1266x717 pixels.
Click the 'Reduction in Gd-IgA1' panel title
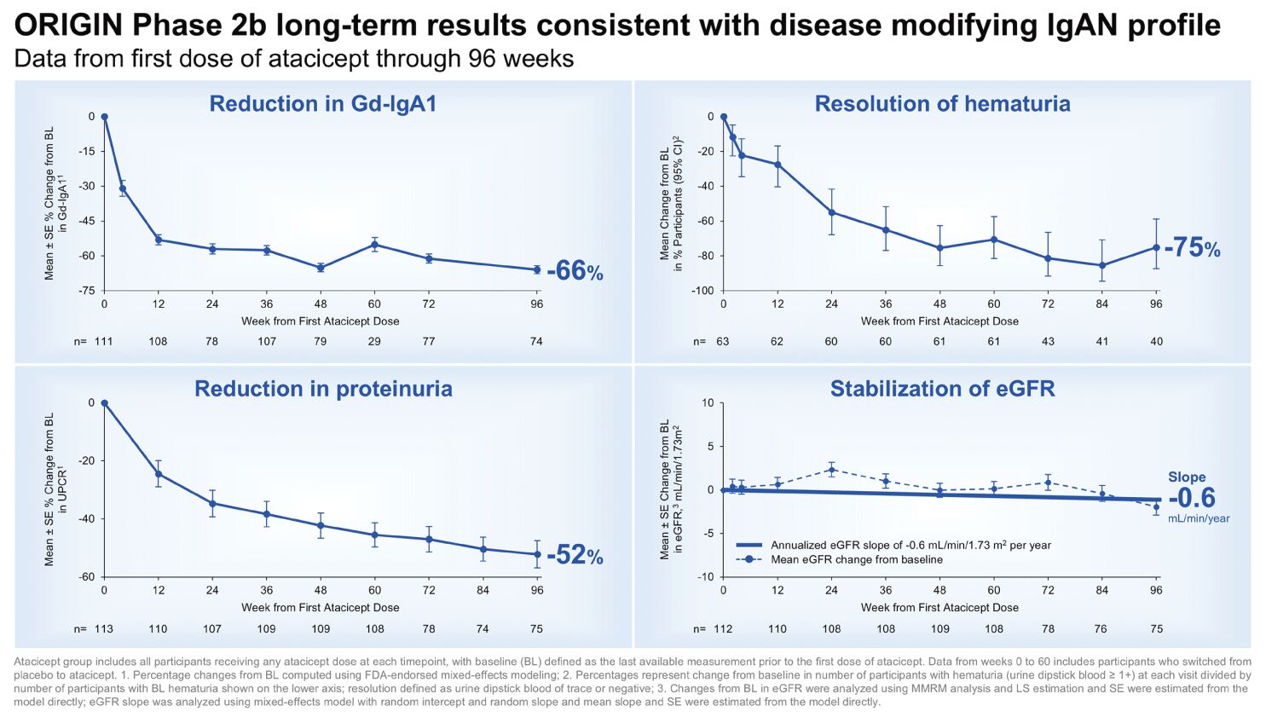point(322,104)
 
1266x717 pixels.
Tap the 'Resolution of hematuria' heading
point(942,104)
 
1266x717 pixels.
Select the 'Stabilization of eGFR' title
point(942,389)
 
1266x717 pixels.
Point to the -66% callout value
point(575,271)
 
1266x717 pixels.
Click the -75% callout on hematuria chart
point(1192,248)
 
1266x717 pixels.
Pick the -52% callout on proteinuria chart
point(575,556)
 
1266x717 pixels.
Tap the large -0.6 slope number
point(1191,498)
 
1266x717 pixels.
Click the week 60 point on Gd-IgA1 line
point(374,245)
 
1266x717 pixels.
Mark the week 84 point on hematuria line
point(1102,265)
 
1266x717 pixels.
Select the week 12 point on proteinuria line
point(159,474)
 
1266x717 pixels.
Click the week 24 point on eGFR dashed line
point(831,470)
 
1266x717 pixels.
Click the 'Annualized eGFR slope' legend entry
point(910,545)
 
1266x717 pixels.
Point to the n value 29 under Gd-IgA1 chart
point(374,341)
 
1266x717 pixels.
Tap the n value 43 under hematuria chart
point(1048,341)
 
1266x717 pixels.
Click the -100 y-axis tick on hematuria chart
point(702,291)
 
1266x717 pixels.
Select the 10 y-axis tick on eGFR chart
point(708,403)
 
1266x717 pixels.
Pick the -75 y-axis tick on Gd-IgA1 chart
point(86,291)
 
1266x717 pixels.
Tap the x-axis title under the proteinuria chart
point(320,608)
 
